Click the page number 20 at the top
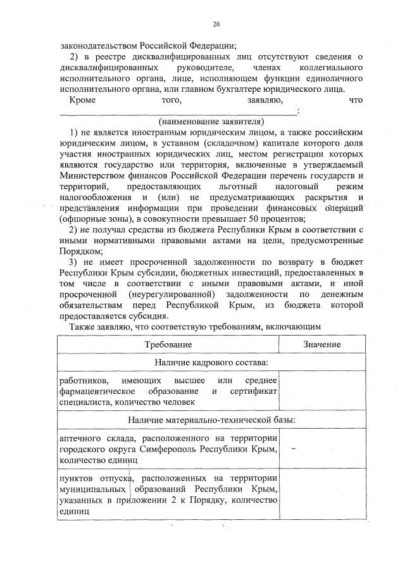pos(216,25)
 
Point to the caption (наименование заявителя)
pos(211,121)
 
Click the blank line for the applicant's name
pos(177,112)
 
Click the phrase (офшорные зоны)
pos(91,218)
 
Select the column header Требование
pos(168,344)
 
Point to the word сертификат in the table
pos(254,391)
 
